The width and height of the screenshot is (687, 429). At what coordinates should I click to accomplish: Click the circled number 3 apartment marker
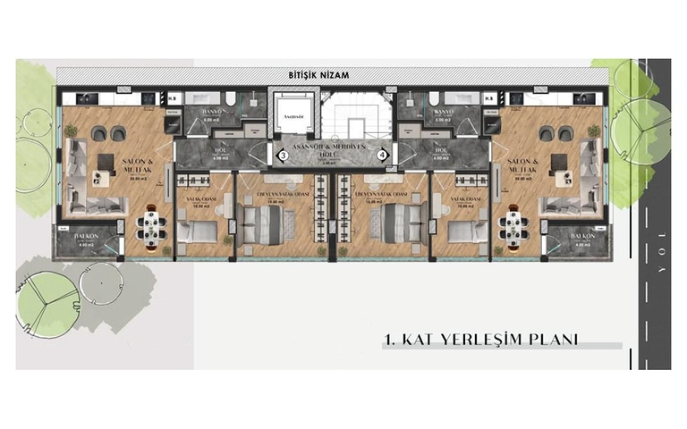(x=283, y=156)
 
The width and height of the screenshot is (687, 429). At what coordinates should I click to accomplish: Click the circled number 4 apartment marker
(x=383, y=156)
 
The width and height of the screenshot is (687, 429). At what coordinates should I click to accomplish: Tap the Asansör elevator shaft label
(x=293, y=116)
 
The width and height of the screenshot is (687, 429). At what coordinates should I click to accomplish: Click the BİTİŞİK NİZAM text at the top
(x=313, y=76)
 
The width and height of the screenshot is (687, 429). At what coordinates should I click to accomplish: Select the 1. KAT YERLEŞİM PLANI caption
(x=479, y=340)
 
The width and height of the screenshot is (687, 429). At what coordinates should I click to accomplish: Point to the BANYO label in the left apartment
(x=212, y=111)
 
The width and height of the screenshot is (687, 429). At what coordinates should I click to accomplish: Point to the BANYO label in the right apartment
(x=443, y=111)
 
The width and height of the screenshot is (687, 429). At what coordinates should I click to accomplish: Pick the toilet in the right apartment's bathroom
(x=433, y=99)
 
